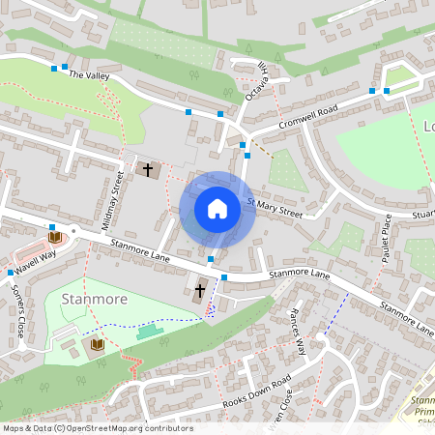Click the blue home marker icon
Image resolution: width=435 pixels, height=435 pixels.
pos(217,209)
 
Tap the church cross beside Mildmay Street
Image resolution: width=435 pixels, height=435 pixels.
pos(148,170)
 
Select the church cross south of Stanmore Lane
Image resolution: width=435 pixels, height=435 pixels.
pos(200,290)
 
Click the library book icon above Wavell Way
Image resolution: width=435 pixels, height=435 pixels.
pos(54,237)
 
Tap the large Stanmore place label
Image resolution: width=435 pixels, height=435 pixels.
pos(95,300)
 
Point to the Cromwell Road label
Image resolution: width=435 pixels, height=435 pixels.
pos(306,115)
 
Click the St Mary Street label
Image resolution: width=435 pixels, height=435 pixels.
pos(275,208)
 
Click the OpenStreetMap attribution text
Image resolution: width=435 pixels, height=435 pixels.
pos(97,428)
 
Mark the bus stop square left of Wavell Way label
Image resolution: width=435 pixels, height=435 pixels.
pos(11,273)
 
